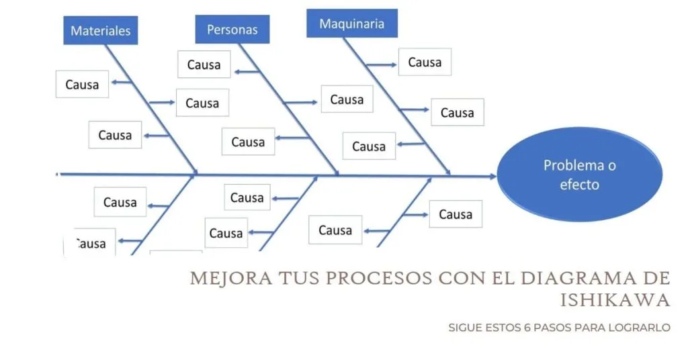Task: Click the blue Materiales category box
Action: pos(101,30)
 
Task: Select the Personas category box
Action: pos(232,30)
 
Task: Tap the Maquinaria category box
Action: pos(352,24)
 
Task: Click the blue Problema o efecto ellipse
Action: pos(579,174)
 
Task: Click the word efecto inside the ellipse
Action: pos(579,184)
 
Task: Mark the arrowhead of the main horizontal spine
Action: pos(494,176)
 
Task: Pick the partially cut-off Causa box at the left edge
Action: pos(90,243)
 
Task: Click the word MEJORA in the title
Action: pos(223,279)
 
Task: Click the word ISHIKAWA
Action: pos(615,300)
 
